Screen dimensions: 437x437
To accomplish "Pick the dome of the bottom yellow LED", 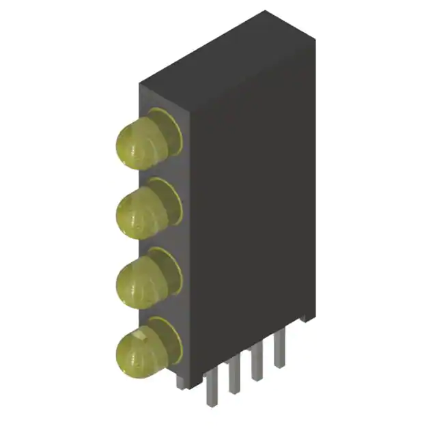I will tap(139, 348).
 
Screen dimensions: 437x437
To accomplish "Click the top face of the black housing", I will tap(225, 58).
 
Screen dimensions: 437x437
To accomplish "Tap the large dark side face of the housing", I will tap(253, 205).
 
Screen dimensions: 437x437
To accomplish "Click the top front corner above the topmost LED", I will tap(141, 85).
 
